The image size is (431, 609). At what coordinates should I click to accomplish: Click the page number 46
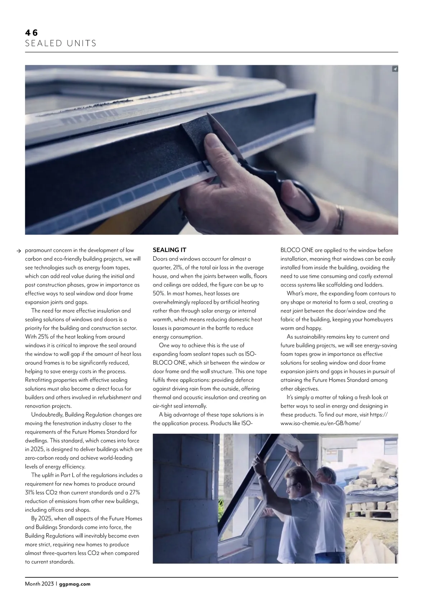click(x=31, y=33)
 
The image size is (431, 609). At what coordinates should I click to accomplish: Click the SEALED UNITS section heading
click(x=61, y=44)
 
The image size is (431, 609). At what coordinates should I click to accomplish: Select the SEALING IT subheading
click(x=170, y=250)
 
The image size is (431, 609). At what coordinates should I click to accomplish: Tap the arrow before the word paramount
click(x=20, y=251)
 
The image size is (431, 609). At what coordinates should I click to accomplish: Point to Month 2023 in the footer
click(x=39, y=584)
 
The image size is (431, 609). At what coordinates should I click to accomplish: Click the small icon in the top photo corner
click(x=395, y=69)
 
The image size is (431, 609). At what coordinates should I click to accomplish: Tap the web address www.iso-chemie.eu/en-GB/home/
click(x=320, y=423)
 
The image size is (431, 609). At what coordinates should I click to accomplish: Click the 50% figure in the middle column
click(x=159, y=293)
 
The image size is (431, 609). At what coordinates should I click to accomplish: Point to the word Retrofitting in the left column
click(x=40, y=380)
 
